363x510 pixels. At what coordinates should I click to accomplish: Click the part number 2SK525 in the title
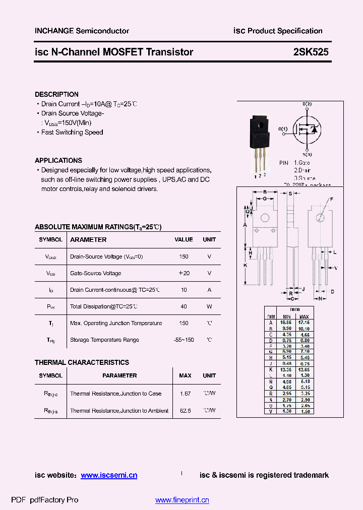point(311,52)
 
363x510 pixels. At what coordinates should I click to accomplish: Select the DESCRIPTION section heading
point(56,94)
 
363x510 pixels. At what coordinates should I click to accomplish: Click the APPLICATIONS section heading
point(58,160)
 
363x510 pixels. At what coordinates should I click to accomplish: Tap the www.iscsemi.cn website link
point(109,475)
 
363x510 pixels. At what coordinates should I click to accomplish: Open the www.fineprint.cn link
point(182,500)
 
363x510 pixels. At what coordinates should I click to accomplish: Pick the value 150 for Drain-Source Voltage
point(184,257)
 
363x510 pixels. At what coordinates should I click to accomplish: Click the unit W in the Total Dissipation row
point(209,306)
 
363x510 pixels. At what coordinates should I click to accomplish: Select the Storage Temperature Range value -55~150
point(184,340)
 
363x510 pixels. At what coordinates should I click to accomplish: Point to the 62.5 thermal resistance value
point(185,411)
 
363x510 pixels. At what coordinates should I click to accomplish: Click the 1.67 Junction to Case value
point(185,394)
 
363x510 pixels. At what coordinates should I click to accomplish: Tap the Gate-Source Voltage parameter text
point(95,273)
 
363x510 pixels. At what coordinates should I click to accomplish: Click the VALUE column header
point(184,240)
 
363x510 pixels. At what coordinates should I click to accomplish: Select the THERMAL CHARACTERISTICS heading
point(82,362)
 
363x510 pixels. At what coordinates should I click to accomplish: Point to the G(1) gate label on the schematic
point(282,129)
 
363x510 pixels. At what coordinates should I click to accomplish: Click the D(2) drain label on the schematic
point(307,104)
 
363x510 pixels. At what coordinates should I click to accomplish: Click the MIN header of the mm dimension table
point(287,316)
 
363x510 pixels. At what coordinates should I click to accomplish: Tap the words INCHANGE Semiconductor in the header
point(82,31)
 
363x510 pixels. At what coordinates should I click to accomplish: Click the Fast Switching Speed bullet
point(72,133)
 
